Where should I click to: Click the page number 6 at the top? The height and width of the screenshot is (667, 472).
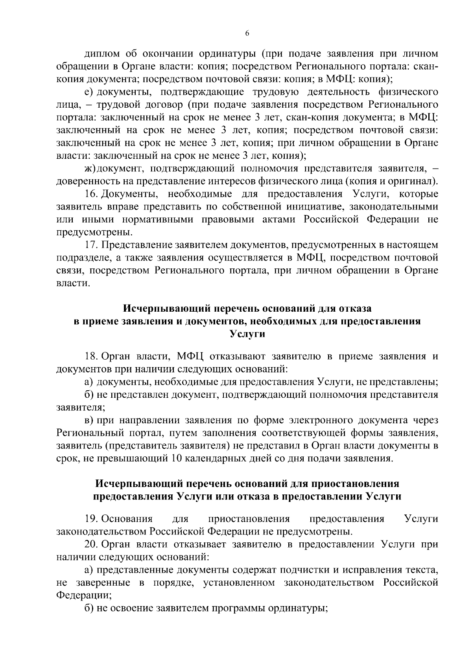tap(247, 34)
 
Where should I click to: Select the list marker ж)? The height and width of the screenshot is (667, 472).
tap(90, 169)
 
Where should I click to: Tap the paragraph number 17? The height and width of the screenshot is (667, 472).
tap(91, 245)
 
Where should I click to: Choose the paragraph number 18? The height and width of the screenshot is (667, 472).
tap(91, 356)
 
